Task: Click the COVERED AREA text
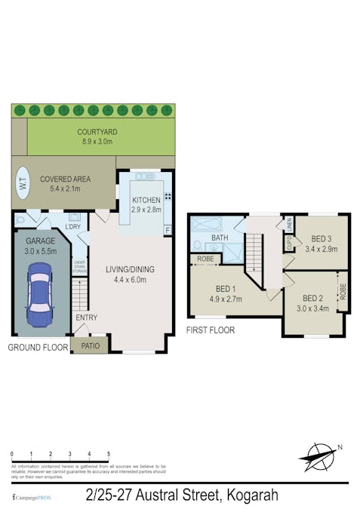[66, 179]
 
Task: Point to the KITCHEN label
[146, 200]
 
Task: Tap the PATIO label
[91, 347]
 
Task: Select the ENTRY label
[86, 317]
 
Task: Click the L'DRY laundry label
[72, 227]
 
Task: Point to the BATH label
[220, 238]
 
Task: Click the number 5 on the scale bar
[109, 454]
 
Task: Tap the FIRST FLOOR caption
[210, 330]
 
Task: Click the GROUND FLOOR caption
[38, 348]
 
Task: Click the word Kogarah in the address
[251, 495]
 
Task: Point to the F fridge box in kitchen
[167, 230]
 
